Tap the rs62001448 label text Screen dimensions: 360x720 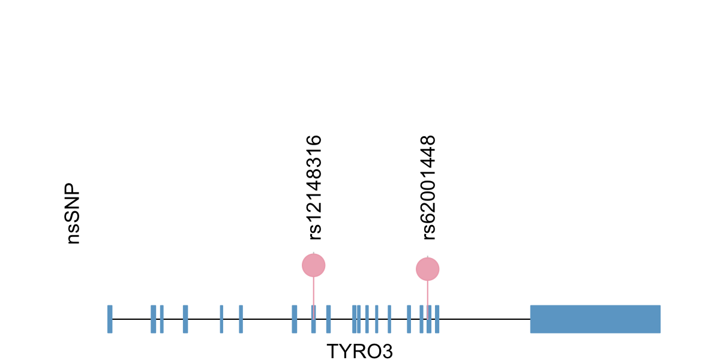coord(428,187)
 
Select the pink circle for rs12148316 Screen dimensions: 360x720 coord(313,265)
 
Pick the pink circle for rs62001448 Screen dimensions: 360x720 coord(428,269)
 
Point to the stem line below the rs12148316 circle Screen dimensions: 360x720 coord(313,291)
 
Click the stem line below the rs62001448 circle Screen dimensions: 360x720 coord(428,293)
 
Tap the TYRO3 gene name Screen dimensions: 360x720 coord(359,351)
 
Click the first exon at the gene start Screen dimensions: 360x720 coord(110,319)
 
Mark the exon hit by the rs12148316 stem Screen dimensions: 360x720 coord(313,319)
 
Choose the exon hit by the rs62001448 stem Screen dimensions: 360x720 coord(428,319)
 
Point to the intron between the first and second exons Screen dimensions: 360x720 coord(131,319)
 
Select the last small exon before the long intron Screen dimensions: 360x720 coord(437,319)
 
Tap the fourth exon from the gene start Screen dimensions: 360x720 coord(185,319)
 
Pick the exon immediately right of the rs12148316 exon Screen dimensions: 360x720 coord(328,319)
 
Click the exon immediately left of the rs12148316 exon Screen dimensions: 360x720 coord(294,319)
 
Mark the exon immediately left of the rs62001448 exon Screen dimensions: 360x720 coord(421,319)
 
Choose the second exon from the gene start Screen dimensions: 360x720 coord(153,319)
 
